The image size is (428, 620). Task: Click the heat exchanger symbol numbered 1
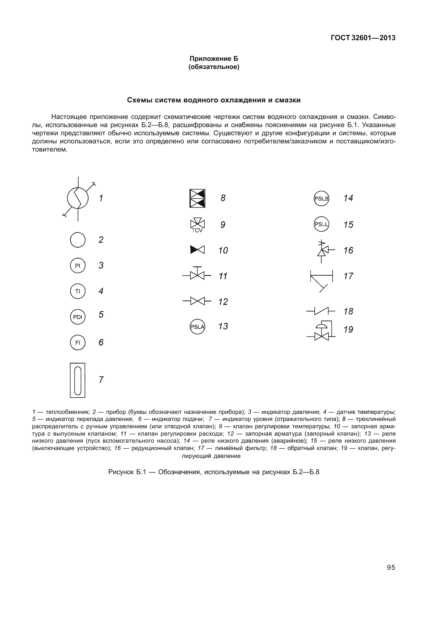click(x=78, y=199)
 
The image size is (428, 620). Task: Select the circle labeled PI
click(x=78, y=266)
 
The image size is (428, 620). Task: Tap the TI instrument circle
click(x=78, y=291)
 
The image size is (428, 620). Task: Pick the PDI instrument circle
click(x=78, y=317)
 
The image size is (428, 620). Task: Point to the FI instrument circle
click(x=78, y=343)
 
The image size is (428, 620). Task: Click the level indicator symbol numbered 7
click(x=78, y=380)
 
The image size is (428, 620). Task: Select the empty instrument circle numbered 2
click(x=78, y=240)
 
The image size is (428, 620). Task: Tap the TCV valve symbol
click(x=197, y=225)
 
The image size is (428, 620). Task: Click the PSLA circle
click(x=197, y=327)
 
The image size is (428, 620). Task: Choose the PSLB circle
click(x=321, y=199)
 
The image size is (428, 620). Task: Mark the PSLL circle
click(x=321, y=225)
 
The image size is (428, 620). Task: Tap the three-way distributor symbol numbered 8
click(x=197, y=199)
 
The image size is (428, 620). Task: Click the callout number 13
click(x=223, y=326)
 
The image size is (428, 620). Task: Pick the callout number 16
click(x=348, y=250)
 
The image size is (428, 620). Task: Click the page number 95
click(x=391, y=567)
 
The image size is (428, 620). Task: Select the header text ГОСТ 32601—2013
click(x=363, y=38)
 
